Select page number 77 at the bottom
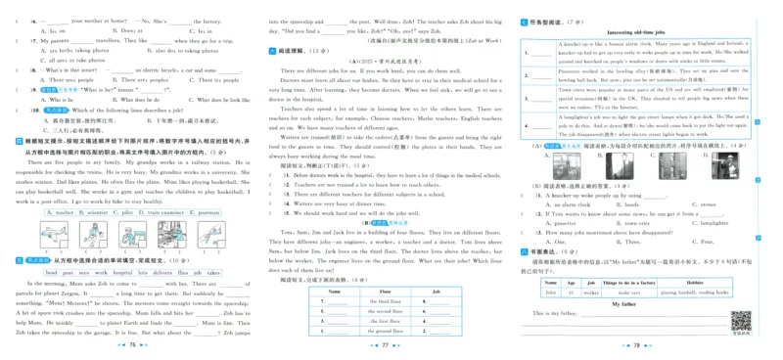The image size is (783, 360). tap(385, 345)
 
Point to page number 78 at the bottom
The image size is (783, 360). tap(636, 345)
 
